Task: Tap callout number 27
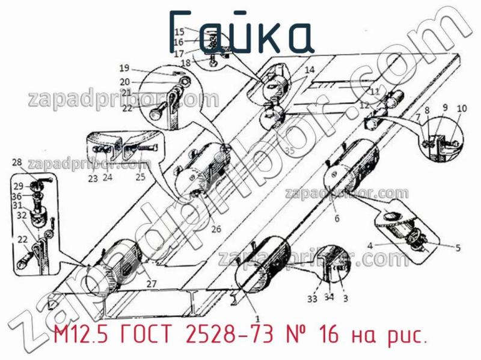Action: coord(151,284)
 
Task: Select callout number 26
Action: coord(216,228)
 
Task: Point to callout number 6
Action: coord(337,218)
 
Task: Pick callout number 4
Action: coord(371,245)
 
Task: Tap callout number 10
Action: coord(461,109)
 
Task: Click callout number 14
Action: coord(308,70)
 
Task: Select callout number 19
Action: coord(124,67)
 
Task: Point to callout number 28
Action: coord(16,162)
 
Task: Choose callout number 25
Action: coord(140,177)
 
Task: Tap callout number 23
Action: coord(92,178)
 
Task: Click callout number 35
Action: coord(290,151)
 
